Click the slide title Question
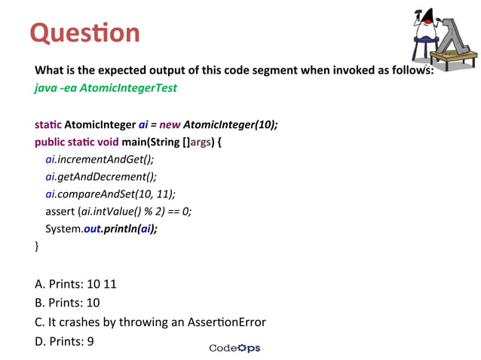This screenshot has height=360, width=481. tap(84, 32)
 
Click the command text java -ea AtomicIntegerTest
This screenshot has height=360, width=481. tap(106, 88)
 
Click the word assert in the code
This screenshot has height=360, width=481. tap(60, 212)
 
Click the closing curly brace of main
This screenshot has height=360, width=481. tap(37, 246)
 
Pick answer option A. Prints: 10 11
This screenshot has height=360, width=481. tap(75, 285)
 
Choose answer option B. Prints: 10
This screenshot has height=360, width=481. tap(68, 303)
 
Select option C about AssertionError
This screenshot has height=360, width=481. tap(150, 322)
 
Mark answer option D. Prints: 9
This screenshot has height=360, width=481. tap(65, 340)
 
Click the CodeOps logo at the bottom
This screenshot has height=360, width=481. tap(234, 348)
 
